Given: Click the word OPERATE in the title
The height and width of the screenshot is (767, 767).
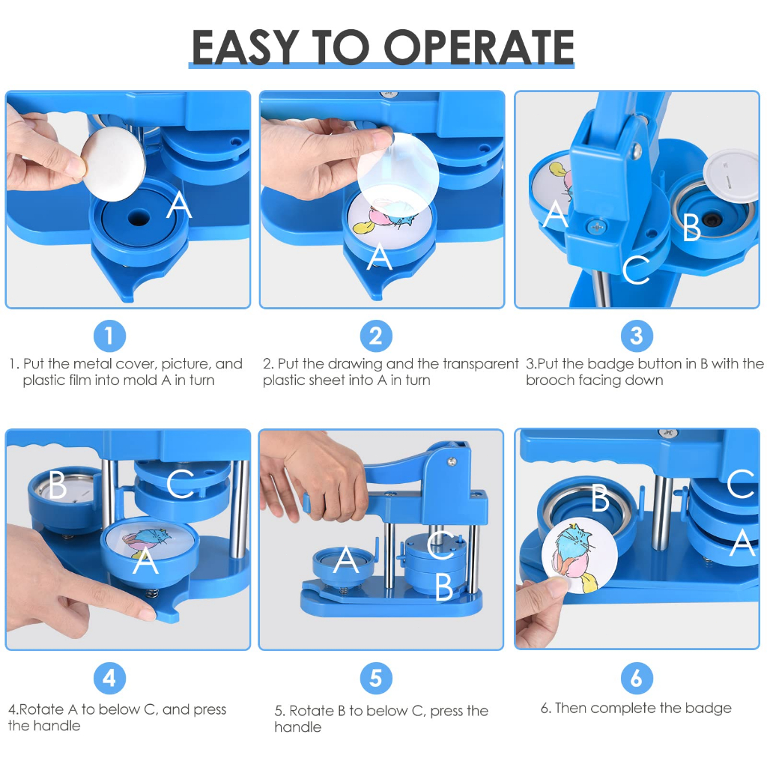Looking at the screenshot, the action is (479, 47).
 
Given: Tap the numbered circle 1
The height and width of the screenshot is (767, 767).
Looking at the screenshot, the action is (109, 336).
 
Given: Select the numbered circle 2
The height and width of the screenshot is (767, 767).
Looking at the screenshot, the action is (376, 336).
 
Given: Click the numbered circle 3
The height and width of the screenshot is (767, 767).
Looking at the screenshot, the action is (637, 336).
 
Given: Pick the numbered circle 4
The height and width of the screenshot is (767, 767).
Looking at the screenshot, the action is (109, 679).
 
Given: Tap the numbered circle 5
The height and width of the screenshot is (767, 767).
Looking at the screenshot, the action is (376, 679).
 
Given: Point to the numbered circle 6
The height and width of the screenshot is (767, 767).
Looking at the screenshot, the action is (637, 679).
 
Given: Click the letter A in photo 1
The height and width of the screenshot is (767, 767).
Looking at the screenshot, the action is (179, 204).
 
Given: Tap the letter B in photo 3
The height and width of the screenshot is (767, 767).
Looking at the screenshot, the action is (691, 228).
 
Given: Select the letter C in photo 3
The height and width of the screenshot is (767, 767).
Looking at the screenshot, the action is (636, 270).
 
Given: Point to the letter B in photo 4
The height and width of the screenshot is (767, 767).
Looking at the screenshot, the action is (57, 485).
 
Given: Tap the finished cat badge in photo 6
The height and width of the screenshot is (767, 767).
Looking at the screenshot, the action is (580, 557).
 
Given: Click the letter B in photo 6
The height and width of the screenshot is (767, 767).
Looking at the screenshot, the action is (600, 498).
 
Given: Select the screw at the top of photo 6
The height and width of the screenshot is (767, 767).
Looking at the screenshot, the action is (667, 432).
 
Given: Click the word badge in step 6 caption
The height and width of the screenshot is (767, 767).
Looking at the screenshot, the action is (708, 708).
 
